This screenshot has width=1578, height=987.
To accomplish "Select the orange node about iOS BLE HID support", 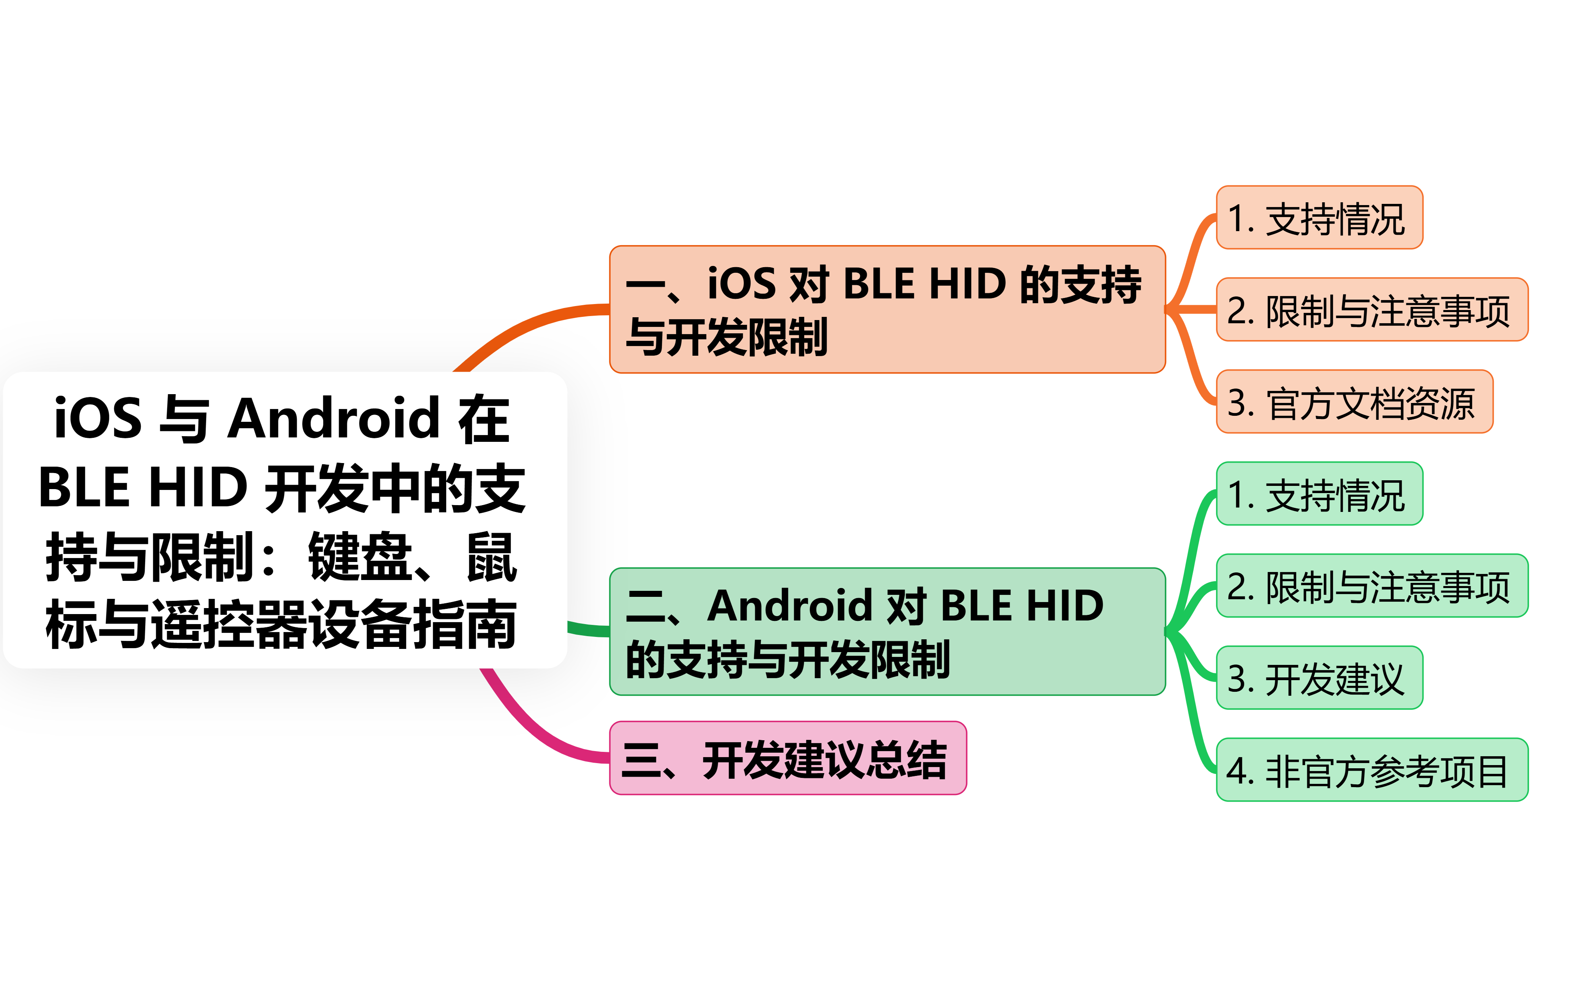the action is (x=887, y=309).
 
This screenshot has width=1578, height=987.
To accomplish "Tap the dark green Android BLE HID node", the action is (x=887, y=631).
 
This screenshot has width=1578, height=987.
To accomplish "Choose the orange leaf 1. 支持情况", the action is (x=1319, y=218).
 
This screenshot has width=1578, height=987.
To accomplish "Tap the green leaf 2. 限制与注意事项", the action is (x=1372, y=586).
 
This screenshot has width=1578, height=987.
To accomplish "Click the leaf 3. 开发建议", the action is (x=1319, y=678).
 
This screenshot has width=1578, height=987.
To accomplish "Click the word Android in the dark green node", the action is (x=790, y=606).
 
